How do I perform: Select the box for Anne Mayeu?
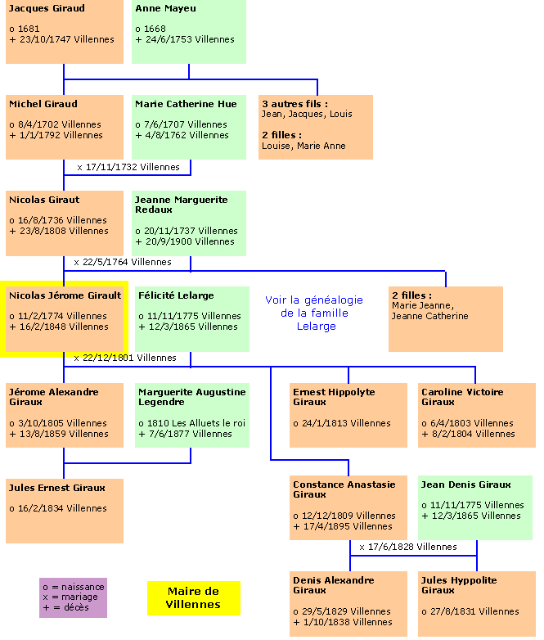pos(189,33)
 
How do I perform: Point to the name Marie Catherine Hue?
pos(186,104)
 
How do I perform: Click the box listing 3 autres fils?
pos(316,127)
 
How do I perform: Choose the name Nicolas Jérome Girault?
pos(65,295)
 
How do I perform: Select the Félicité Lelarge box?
pos(191,318)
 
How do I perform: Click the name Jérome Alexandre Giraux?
pos(54,397)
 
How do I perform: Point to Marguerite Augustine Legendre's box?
pos(191,414)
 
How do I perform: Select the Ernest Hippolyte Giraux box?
pos(348,414)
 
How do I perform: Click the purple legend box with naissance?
pos(73,598)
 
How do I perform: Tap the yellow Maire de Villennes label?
pos(194,598)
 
